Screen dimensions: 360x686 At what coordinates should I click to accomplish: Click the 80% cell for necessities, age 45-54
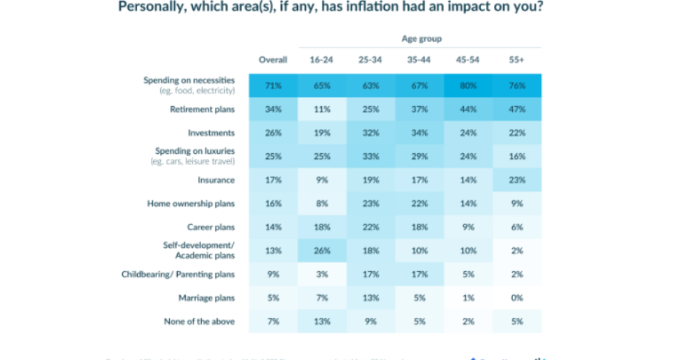[x=468, y=86]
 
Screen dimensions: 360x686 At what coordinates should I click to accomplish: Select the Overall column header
[x=273, y=59]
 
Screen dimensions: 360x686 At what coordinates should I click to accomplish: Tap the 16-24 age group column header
[x=322, y=59]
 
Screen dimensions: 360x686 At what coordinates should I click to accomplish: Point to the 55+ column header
[x=517, y=59]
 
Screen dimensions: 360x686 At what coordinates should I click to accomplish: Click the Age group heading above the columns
[x=421, y=39]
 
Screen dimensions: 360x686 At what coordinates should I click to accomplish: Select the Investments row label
[x=211, y=133]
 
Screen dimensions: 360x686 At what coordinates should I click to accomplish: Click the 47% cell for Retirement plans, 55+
[x=517, y=109]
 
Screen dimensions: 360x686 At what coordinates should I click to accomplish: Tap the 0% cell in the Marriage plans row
[x=517, y=298]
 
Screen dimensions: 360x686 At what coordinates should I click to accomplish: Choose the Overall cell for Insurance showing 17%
[x=273, y=180]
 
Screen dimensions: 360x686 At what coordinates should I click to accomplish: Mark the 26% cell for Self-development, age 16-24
[x=322, y=250]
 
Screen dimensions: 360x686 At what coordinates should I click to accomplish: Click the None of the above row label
[x=200, y=321]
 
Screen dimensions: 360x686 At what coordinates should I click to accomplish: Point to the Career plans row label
[x=211, y=227]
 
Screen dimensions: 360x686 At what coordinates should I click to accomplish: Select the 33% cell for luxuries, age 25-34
[x=370, y=156]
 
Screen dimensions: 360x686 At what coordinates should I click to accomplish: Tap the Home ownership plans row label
[x=191, y=203]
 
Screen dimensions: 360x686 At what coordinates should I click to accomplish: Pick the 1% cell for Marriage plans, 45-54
[x=468, y=298]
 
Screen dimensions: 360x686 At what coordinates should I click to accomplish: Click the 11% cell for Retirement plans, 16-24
[x=322, y=109]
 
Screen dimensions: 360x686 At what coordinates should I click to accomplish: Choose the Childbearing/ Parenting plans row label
[x=178, y=274]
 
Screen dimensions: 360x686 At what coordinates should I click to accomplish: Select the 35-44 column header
[x=420, y=59]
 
